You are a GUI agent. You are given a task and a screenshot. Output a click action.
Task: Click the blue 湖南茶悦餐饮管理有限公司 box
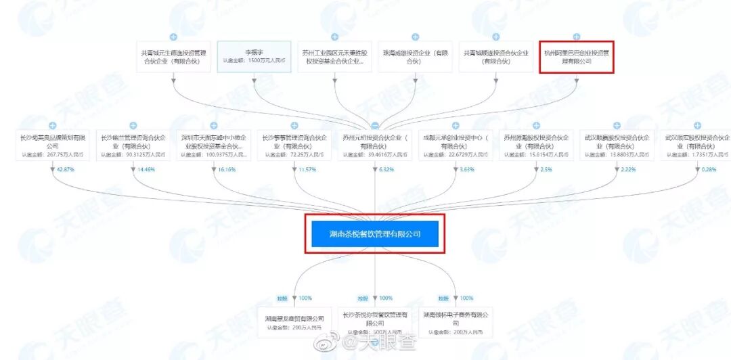pos(375,233)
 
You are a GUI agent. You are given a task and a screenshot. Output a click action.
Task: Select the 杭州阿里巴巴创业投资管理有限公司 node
pos(577,57)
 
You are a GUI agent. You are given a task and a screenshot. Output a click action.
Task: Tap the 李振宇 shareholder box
pos(254,57)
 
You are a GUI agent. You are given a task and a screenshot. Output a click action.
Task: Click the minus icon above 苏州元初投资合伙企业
pos(375,126)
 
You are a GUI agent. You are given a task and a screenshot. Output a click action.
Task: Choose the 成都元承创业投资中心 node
pos(456,145)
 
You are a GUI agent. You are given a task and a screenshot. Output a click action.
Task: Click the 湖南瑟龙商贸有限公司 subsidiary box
pos(294,321)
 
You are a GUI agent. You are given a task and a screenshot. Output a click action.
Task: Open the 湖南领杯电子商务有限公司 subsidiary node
pos(456,321)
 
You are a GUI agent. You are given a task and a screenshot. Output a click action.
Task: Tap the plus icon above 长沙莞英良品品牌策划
pos(52,126)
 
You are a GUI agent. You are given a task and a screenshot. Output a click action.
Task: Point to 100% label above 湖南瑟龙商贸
pos(305,298)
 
